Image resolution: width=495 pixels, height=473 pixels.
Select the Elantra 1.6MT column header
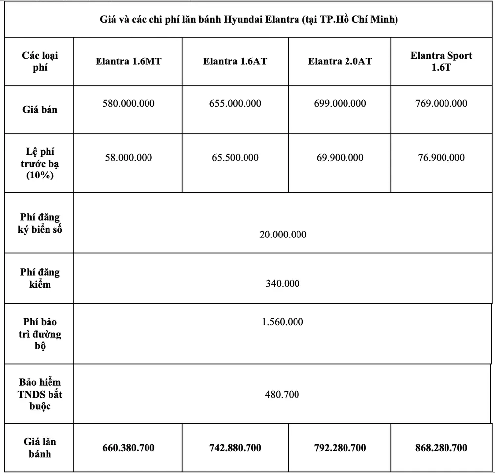(x=129, y=62)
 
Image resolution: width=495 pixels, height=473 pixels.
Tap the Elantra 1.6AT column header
(x=235, y=62)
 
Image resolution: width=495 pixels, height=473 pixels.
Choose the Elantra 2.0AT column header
(x=340, y=62)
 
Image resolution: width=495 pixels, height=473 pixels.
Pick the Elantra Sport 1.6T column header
(x=441, y=61)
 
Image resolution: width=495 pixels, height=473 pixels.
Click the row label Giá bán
(x=40, y=109)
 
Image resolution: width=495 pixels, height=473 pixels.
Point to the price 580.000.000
(x=129, y=104)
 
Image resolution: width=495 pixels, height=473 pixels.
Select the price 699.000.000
(x=340, y=104)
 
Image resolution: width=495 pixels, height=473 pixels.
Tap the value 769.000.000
(x=441, y=104)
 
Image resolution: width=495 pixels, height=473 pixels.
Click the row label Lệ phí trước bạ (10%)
(x=40, y=163)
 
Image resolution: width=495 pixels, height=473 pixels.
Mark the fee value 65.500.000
(x=235, y=158)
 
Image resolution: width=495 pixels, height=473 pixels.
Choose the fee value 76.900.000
(x=441, y=158)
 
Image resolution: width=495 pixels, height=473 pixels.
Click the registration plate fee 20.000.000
(x=283, y=235)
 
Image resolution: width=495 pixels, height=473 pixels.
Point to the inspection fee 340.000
(x=283, y=284)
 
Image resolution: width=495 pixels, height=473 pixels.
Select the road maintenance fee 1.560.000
(x=283, y=322)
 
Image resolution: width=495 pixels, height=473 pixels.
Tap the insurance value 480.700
(x=283, y=395)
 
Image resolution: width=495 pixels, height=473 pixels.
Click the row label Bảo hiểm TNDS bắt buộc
(x=41, y=394)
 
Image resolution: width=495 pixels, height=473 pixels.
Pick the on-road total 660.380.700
(x=129, y=448)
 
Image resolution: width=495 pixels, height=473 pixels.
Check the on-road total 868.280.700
(x=441, y=448)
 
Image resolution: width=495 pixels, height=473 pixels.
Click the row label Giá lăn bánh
(x=40, y=447)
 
